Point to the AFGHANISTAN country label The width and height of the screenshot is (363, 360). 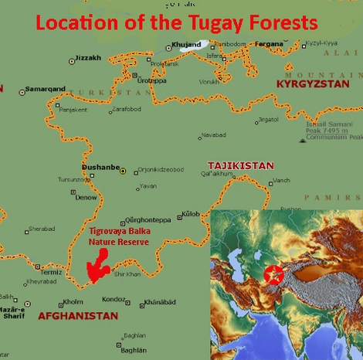pyautogui.click(x=78, y=316)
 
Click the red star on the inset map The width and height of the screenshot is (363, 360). pyautogui.click(x=271, y=274)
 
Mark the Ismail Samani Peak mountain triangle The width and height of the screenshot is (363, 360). pyautogui.click(x=303, y=140)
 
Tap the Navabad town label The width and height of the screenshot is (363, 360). pyautogui.click(x=212, y=136)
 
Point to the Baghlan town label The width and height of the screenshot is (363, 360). pyautogui.click(x=134, y=335)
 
